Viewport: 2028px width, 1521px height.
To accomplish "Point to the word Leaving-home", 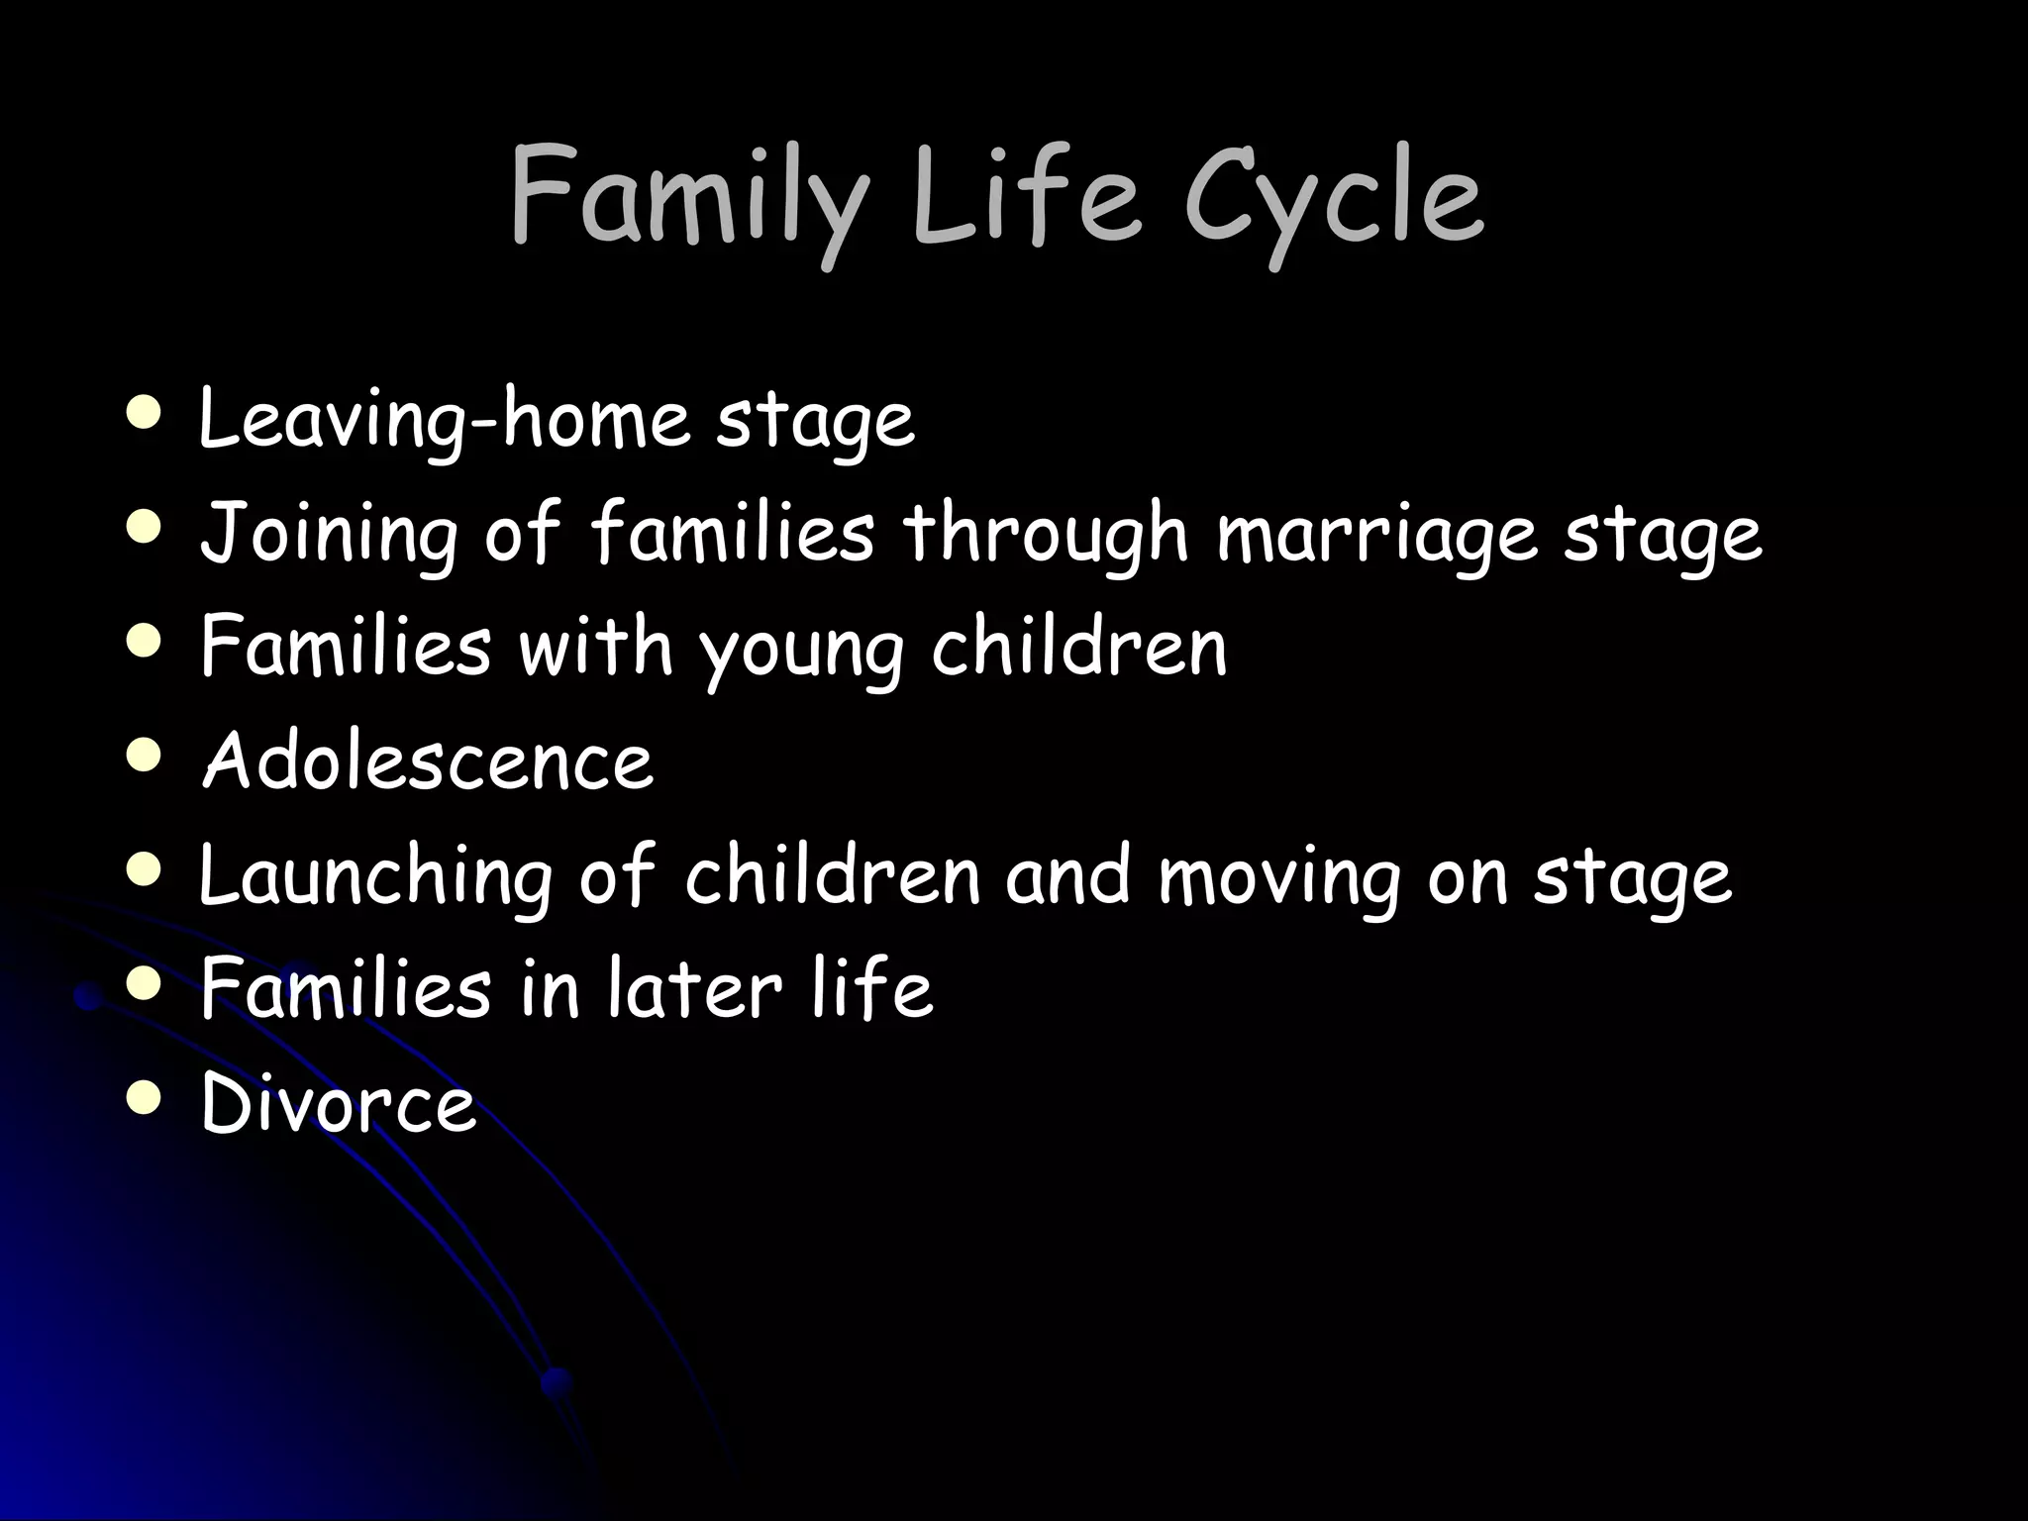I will [443, 421].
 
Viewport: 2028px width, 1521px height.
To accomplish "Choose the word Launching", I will [375, 877].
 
